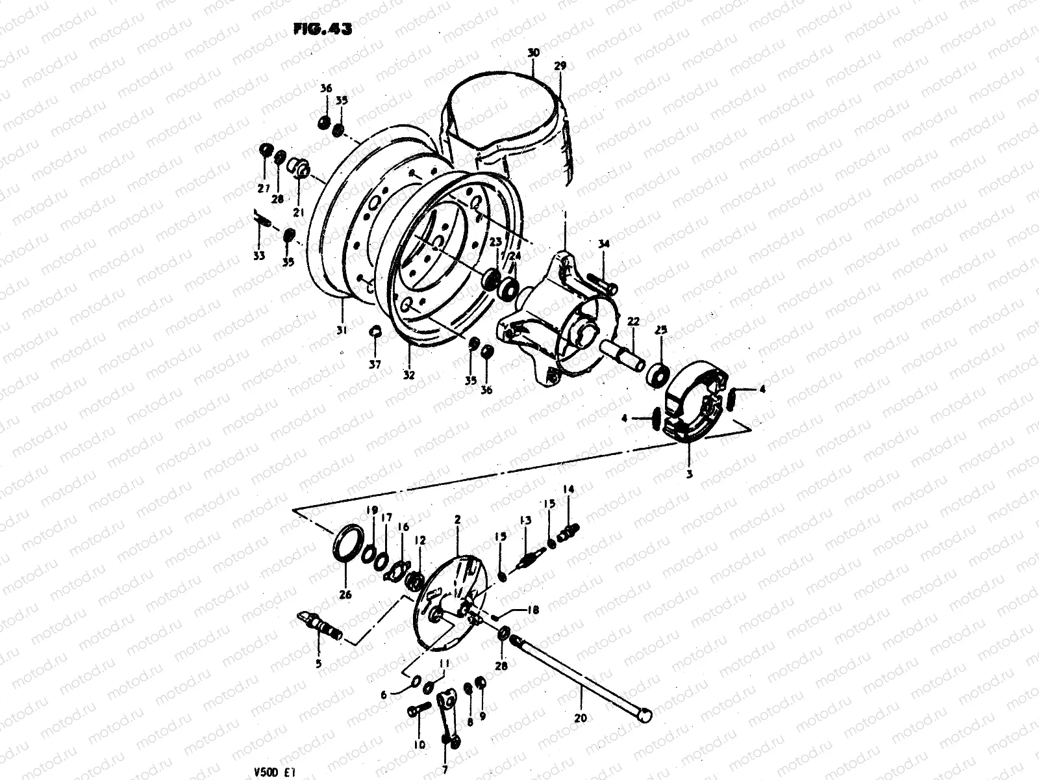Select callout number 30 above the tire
tap(533, 52)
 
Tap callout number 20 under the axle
tap(581, 700)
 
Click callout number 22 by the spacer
tap(633, 321)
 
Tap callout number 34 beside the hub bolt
tap(604, 244)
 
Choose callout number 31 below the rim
tap(342, 331)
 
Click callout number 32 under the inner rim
tap(410, 375)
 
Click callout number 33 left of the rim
tap(259, 256)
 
